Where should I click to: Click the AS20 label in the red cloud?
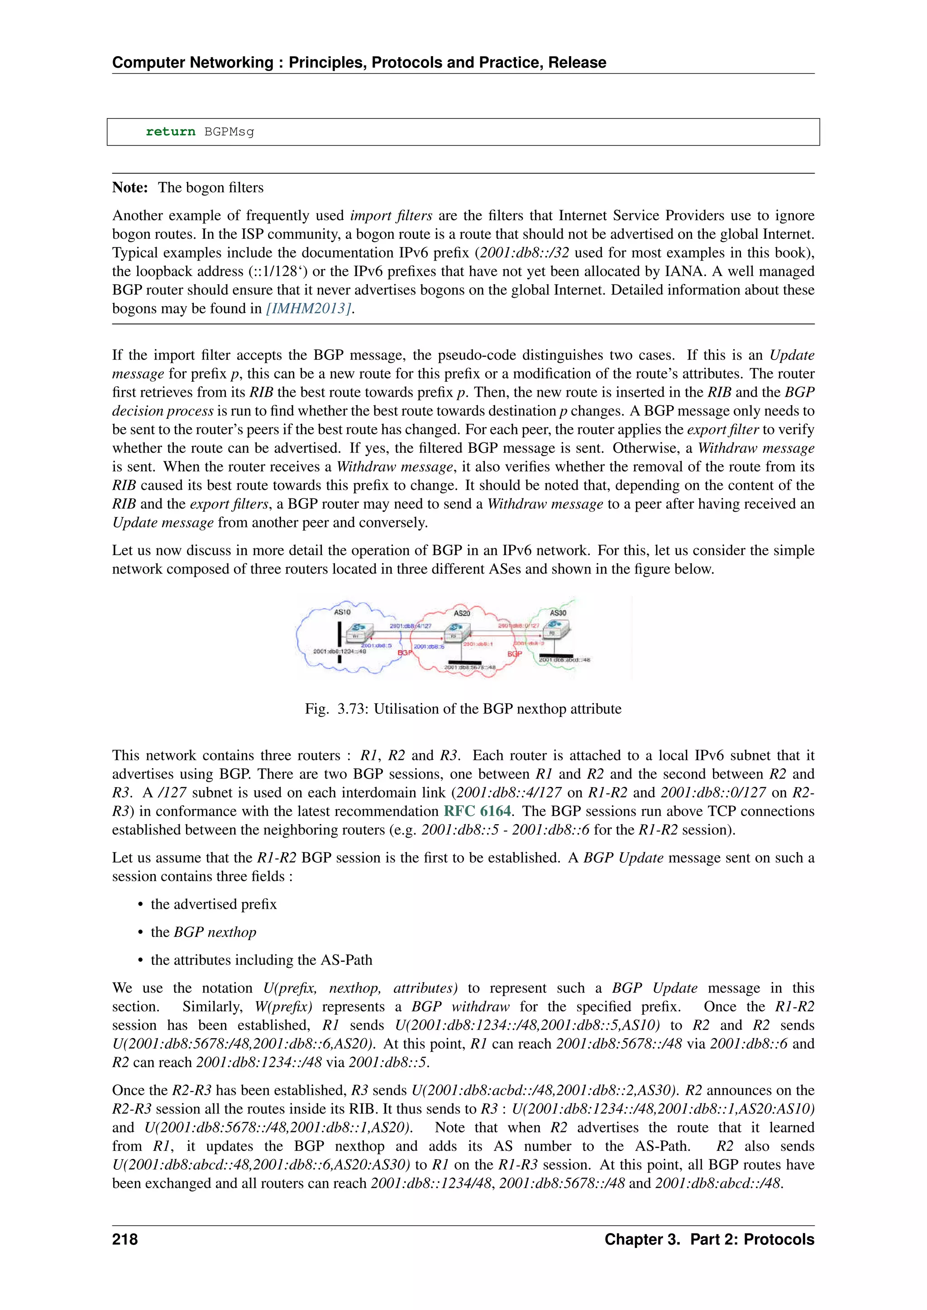462,613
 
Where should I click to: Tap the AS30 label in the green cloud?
558,613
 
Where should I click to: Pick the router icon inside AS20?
455,631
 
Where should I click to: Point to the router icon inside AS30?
554,629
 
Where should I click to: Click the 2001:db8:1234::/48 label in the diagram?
339,651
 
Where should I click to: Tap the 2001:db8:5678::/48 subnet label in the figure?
470,667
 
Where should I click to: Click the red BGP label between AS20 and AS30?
514,654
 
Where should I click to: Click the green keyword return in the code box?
170,132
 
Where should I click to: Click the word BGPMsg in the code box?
229,132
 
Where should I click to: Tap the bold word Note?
130,188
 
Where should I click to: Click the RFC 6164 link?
477,812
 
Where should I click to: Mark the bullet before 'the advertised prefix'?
140,905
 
